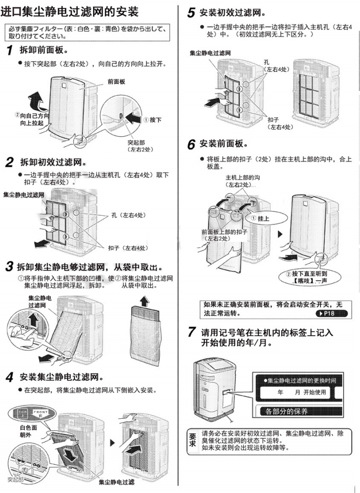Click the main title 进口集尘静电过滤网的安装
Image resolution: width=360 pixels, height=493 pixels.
click(70, 11)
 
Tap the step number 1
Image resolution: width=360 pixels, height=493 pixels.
click(10, 50)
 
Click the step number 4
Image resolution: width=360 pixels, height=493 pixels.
click(10, 377)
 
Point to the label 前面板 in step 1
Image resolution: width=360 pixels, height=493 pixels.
click(116, 82)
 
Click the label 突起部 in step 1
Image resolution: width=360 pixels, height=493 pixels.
click(136, 143)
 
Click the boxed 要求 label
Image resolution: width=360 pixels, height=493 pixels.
click(192, 439)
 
